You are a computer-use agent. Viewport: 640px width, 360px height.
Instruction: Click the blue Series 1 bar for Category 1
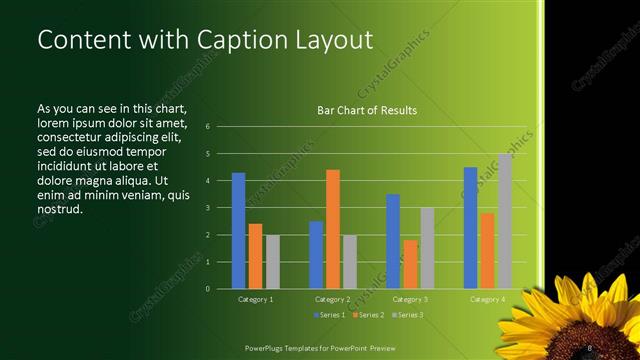pyautogui.click(x=238, y=231)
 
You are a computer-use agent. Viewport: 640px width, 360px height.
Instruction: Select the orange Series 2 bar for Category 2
pyautogui.click(x=333, y=229)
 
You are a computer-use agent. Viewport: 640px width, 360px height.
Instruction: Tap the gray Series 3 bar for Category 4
pyautogui.click(x=505, y=221)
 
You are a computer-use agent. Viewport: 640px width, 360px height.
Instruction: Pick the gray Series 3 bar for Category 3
pyautogui.click(x=427, y=248)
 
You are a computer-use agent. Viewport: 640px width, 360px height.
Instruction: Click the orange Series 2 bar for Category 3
pyautogui.click(x=410, y=264)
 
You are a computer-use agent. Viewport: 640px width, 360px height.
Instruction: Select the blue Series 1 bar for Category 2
pyautogui.click(x=316, y=255)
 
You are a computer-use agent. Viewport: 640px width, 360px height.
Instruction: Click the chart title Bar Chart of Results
pyautogui.click(x=367, y=110)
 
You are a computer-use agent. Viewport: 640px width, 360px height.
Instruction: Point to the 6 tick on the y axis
pyautogui.click(x=207, y=127)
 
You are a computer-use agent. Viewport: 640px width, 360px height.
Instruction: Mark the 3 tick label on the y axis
pyautogui.click(x=207, y=208)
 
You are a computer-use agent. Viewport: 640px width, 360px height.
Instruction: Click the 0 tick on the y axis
pyautogui.click(x=207, y=289)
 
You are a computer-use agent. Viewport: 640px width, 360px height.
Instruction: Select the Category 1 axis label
pyautogui.click(x=255, y=299)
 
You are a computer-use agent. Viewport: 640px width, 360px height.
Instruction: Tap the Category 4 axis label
pyautogui.click(x=487, y=299)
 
